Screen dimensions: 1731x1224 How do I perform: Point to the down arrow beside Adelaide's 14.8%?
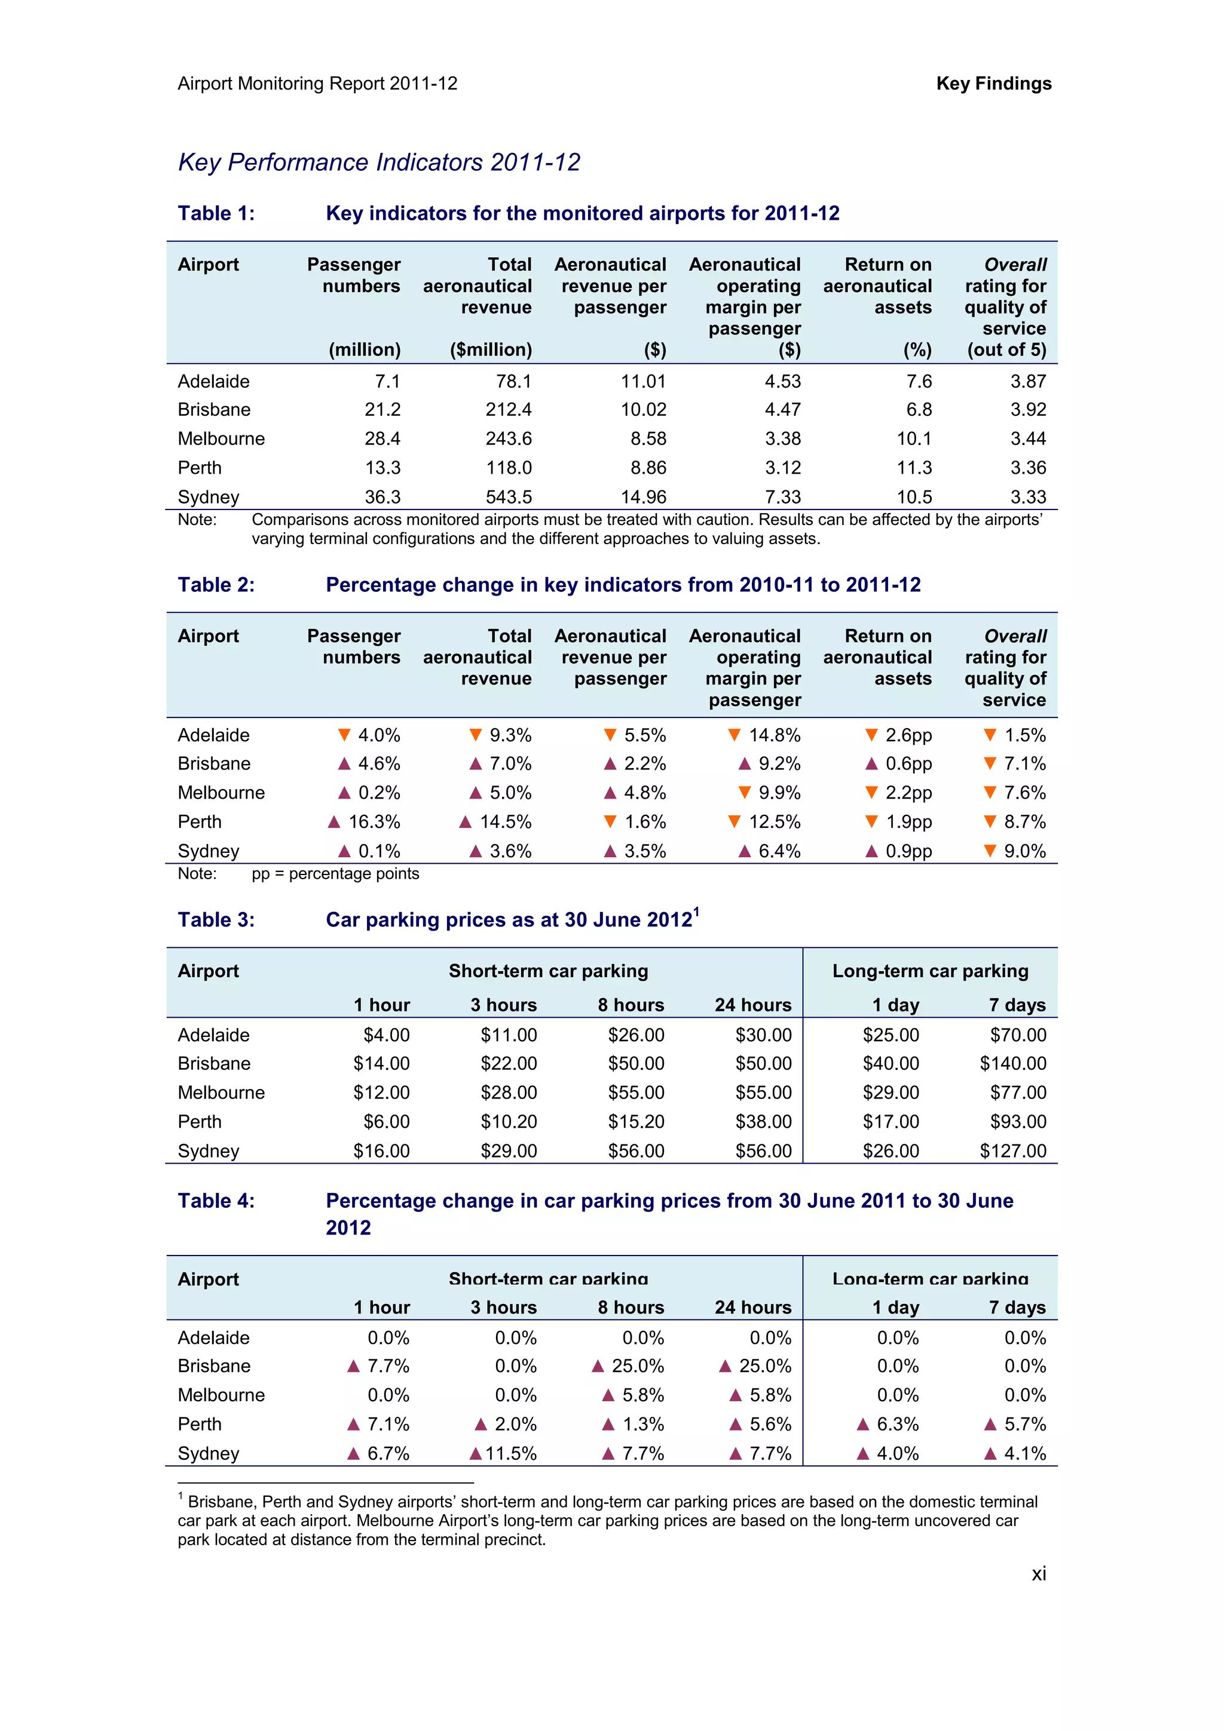(734, 735)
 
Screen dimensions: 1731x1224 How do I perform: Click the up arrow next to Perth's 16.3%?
(334, 822)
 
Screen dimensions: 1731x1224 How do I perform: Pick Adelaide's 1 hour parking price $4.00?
(386, 1035)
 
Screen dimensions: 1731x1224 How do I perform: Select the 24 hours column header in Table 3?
(752, 1005)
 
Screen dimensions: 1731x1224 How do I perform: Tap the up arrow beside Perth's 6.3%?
(864, 1424)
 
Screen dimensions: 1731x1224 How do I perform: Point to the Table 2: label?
(216, 585)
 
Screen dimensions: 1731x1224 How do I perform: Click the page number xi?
(1039, 1573)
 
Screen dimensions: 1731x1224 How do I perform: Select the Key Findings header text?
(993, 84)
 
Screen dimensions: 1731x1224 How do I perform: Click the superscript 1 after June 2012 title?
(696, 911)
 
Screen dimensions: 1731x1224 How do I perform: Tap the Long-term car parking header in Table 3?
(930, 971)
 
